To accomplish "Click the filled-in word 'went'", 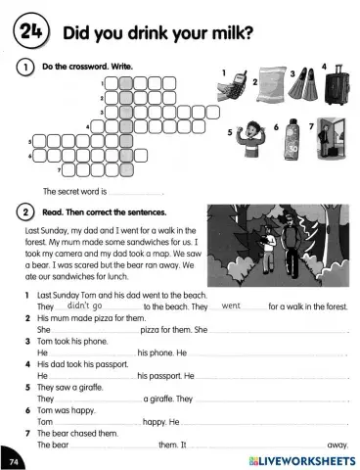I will pos(232,306).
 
